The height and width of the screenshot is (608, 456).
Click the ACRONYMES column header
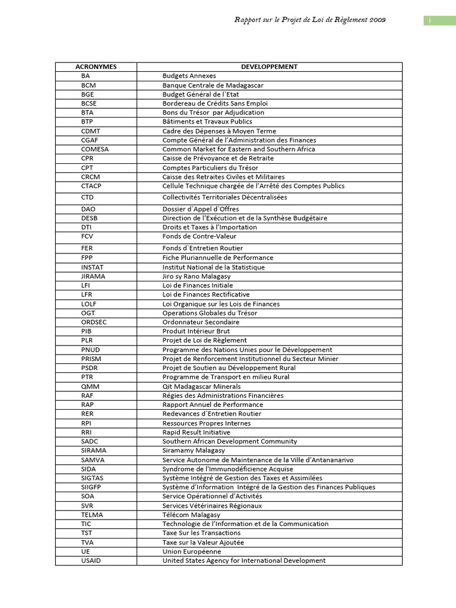(x=96, y=66)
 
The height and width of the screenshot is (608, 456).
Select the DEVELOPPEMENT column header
(x=269, y=66)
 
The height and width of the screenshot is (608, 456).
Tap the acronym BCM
(x=88, y=85)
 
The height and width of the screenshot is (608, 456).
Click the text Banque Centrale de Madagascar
(x=213, y=85)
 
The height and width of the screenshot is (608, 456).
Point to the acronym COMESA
(x=95, y=149)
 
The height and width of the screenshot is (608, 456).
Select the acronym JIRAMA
(x=93, y=276)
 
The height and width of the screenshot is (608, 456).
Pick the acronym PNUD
(x=91, y=350)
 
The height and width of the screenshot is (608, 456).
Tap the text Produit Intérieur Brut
(x=196, y=331)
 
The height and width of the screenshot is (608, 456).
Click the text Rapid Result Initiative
(x=196, y=432)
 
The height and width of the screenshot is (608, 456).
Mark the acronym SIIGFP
(x=92, y=487)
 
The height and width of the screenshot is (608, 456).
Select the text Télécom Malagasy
(x=191, y=515)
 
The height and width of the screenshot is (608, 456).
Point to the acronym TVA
(x=88, y=542)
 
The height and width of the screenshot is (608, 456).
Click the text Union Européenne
(x=191, y=551)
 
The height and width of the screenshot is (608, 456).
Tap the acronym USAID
(x=91, y=560)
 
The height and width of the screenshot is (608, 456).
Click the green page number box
(x=439, y=21)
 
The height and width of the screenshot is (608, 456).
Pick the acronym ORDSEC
(x=94, y=322)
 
